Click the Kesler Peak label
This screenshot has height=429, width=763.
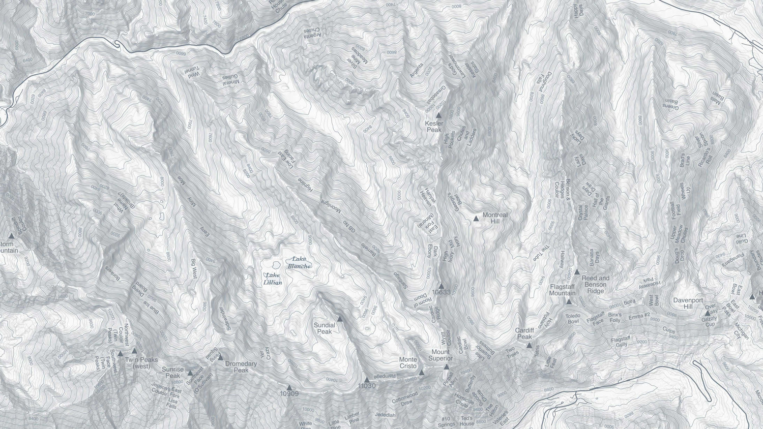coord(434,127)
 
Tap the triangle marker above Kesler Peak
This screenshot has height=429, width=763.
coord(438,116)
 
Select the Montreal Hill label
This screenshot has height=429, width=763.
coord(495,218)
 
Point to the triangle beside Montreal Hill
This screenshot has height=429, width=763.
coord(476,219)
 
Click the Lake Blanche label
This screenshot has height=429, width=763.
coord(300,262)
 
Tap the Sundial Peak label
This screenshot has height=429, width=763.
coord(324,328)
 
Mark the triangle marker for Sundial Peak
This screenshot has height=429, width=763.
coord(340,319)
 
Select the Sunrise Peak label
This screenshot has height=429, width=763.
coord(172,373)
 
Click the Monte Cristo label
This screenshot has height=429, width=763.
coord(408,362)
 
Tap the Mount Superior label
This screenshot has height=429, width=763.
coord(441,355)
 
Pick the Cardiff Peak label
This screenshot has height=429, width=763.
coord(524,333)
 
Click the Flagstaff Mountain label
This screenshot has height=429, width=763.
coord(562,290)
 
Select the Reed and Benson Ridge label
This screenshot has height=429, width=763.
coord(595,285)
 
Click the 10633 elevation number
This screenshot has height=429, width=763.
coord(441,292)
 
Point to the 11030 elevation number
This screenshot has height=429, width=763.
coord(366,386)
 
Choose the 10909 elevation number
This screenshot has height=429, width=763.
coord(289,393)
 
